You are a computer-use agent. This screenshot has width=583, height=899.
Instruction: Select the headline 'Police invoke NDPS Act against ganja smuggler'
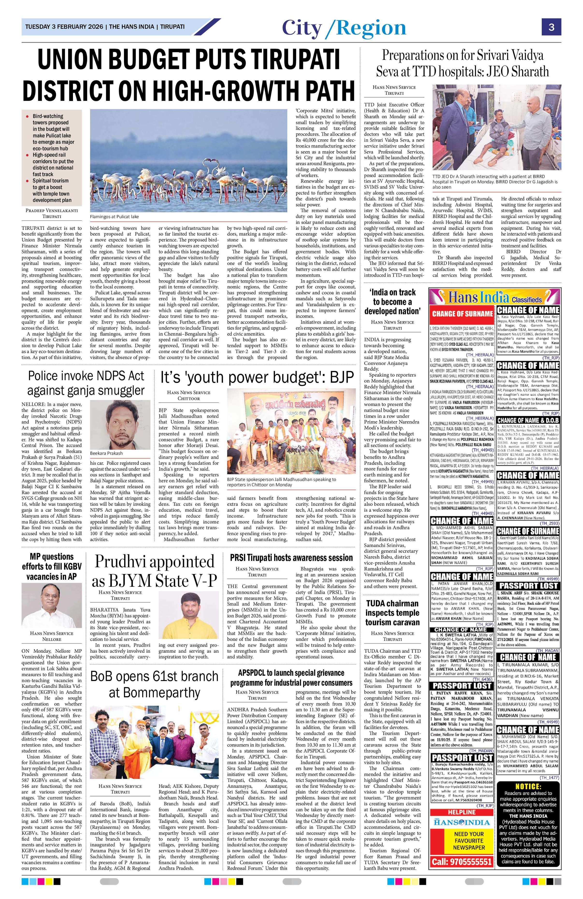(86, 383)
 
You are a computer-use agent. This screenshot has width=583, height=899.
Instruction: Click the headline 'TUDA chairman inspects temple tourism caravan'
(392, 612)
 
